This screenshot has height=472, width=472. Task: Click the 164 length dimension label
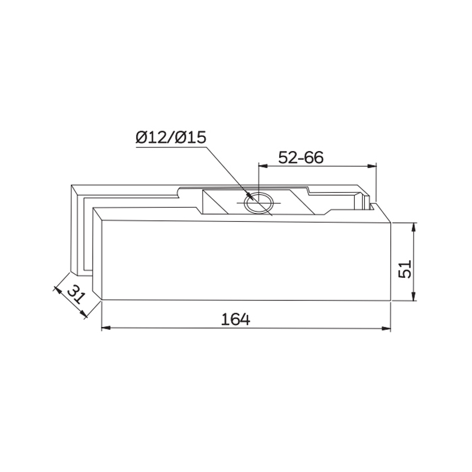236,319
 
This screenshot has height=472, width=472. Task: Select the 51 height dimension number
404,271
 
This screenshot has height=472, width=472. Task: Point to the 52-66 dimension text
301,158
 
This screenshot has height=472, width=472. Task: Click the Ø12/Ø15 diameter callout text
170,138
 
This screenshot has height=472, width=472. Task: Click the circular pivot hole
258,202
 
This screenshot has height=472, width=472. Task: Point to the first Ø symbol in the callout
142,138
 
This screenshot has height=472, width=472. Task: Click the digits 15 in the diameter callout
196,138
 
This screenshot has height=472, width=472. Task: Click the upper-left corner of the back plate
71,186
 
